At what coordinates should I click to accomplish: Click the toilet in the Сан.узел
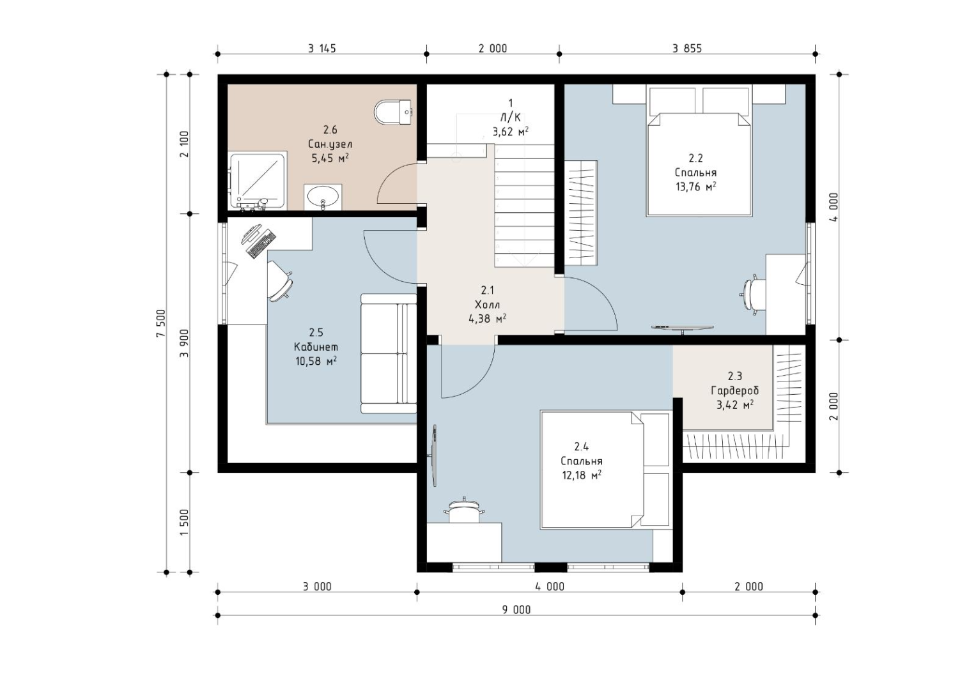pos(393,112)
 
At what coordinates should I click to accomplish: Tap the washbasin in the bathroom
pos(323,197)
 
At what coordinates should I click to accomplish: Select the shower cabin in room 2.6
pos(258,181)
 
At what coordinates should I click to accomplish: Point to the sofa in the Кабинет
pos(389,353)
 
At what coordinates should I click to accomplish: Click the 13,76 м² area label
pos(696,187)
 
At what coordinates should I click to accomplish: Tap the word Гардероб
pos(734,390)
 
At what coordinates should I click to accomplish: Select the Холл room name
pos(487,304)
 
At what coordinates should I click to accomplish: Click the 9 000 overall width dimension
pos(516,610)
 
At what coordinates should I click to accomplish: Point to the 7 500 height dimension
pos(161,323)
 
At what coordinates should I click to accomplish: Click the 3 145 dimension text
pos(322,49)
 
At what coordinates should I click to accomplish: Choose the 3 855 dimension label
pos(687,49)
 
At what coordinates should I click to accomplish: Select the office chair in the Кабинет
pos(279,281)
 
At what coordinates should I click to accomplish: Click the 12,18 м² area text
pos(582,475)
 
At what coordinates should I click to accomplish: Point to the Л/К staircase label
pos(510,117)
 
